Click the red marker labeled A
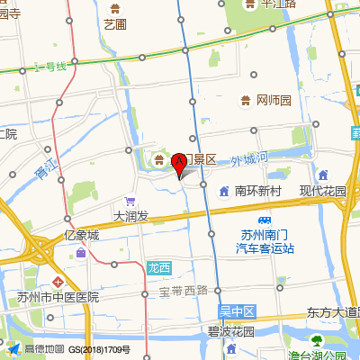pyautogui.click(x=179, y=163)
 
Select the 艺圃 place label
pyautogui.click(x=114, y=24)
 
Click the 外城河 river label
pyautogui.click(x=249, y=160)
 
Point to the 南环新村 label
pyautogui.click(x=259, y=191)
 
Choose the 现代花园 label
pyautogui.click(x=323, y=191)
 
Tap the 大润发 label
pyautogui.click(x=130, y=216)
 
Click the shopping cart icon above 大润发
pyautogui.click(x=130, y=202)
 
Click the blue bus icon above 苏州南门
pyautogui.click(x=265, y=220)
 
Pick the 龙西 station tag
pyautogui.click(x=157, y=267)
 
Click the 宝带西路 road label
pyautogui.click(x=184, y=290)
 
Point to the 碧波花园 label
pyautogui.click(x=231, y=331)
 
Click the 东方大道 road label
pyautogui.click(x=332, y=312)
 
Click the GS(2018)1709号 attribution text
pyautogui.click(x=100, y=349)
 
